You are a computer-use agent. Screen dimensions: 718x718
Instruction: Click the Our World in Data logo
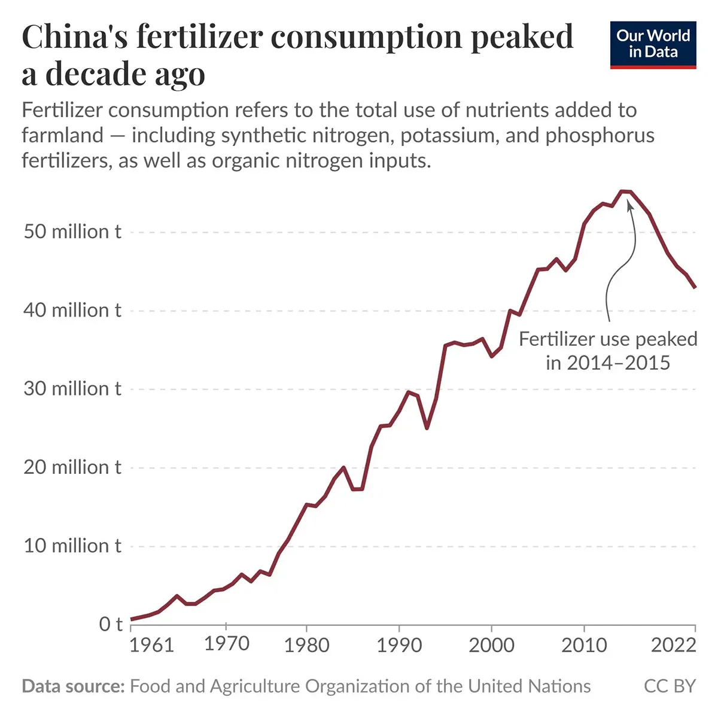coord(653,45)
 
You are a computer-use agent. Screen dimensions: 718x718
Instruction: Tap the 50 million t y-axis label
coord(72,232)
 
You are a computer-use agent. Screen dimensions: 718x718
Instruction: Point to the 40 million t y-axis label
coord(72,310)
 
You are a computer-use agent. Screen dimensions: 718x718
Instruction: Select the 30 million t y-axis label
coord(72,388)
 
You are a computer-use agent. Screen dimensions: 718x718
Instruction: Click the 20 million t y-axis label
coord(72,467)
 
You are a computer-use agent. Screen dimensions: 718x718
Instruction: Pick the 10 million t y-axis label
coord(72,545)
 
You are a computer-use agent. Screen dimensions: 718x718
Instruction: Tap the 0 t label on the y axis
coord(111,624)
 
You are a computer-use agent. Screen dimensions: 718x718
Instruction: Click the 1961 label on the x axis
coord(152,645)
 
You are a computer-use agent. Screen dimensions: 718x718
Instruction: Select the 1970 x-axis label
coord(226,644)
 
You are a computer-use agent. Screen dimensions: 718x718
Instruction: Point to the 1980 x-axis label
coord(306,645)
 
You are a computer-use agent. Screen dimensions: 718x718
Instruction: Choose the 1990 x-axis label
coord(399,645)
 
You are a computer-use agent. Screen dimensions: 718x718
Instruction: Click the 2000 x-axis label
coord(491,645)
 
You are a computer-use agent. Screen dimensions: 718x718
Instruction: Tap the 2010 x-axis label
coord(584,645)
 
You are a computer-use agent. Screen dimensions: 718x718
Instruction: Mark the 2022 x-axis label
coord(674,645)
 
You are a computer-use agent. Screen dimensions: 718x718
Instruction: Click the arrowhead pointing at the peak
coord(629,205)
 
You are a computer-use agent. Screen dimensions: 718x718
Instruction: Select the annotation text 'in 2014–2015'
coord(607,363)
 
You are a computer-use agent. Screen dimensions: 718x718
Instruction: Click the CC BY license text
coord(670,686)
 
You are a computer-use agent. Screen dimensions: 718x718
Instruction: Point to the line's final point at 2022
coord(695,288)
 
